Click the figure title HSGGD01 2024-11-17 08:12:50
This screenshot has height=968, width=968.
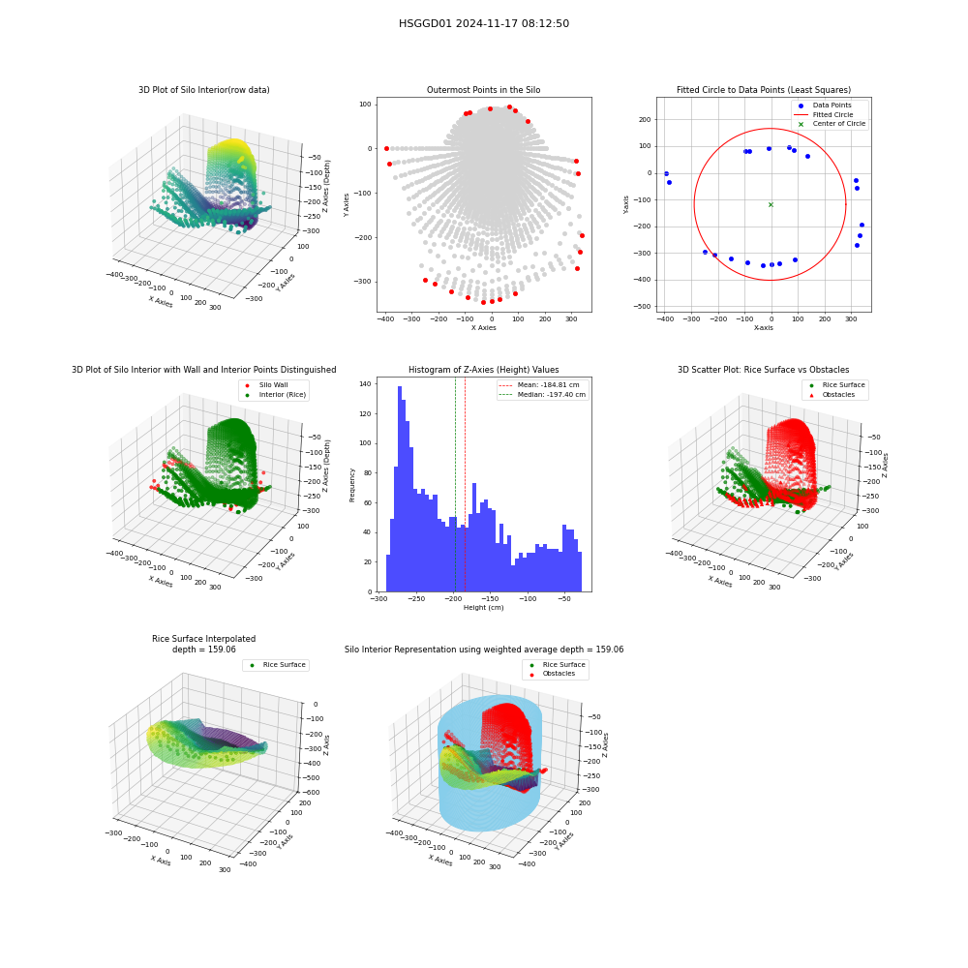pos(484,23)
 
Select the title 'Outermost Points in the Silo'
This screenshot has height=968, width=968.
pos(483,89)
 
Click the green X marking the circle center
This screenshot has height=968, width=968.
pos(771,204)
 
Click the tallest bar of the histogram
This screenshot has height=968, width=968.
pos(400,489)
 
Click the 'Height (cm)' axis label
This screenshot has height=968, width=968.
pos(483,608)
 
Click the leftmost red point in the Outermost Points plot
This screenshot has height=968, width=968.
pos(386,149)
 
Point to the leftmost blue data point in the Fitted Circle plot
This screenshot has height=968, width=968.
pos(666,174)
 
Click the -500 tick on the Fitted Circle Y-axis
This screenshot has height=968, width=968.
pos(643,306)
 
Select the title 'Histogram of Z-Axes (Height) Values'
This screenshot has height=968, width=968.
pos(483,369)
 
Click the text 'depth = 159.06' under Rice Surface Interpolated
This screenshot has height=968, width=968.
pos(203,650)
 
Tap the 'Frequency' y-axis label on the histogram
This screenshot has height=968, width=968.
pos(352,485)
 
